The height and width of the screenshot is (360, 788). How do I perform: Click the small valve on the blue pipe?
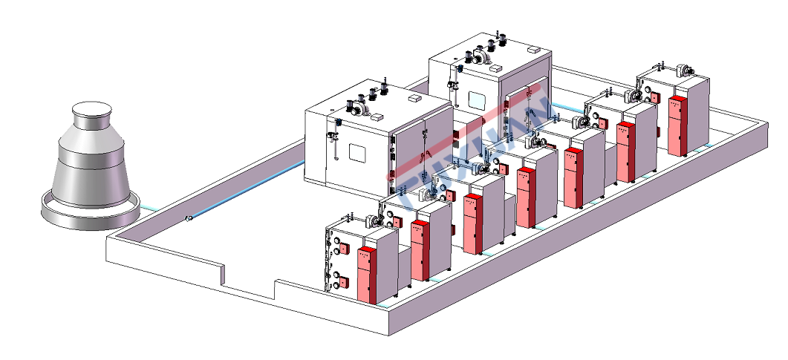tap(189, 218)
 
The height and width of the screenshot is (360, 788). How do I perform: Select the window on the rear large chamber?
tap(475, 97)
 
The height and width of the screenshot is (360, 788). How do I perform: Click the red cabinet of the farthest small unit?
tap(677, 125)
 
